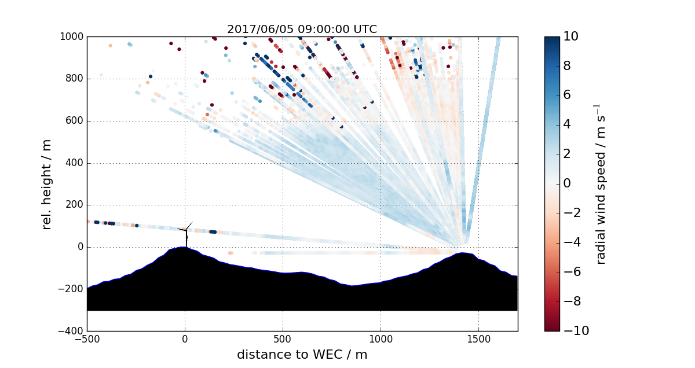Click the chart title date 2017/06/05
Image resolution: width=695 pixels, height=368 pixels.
click(x=254, y=30)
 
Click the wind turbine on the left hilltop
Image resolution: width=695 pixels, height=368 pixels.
click(x=186, y=233)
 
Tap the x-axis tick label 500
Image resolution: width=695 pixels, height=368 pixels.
click(x=283, y=339)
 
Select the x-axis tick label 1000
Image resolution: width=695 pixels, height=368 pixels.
click(x=381, y=339)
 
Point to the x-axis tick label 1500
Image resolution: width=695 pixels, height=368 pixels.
click(x=478, y=339)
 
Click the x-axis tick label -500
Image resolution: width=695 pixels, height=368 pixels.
click(x=87, y=339)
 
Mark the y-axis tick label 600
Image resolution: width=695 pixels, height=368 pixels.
click(x=74, y=121)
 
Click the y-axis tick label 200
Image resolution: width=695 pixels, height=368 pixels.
click(x=74, y=205)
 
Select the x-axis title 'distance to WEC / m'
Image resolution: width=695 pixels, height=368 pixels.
click(x=302, y=354)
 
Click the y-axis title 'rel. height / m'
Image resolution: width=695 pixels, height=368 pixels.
click(x=48, y=184)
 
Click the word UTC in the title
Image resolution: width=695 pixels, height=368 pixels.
click(x=364, y=30)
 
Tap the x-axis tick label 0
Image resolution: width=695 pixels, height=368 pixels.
click(x=185, y=339)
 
